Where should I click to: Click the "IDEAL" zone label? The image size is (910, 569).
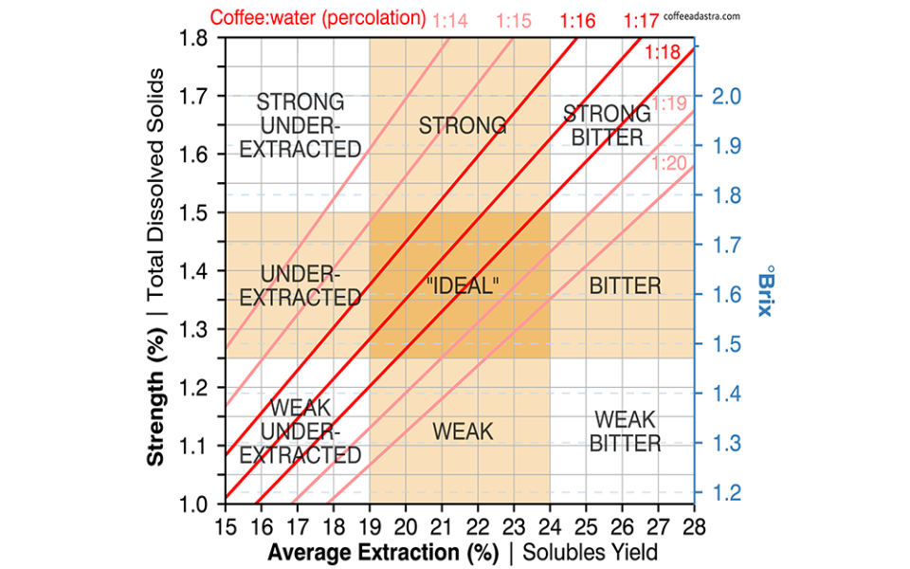pyautogui.click(x=463, y=285)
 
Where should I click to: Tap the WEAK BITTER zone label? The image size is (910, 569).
pyautogui.click(x=625, y=431)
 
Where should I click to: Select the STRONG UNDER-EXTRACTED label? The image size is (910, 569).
pyautogui.click(x=300, y=125)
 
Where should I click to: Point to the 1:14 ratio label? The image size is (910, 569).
pyautogui.click(x=450, y=21)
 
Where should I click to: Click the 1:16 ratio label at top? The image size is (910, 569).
pyautogui.click(x=577, y=21)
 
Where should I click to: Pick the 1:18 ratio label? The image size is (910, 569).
pyautogui.click(x=663, y=52)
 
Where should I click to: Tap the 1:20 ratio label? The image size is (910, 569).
pyautogui.click(x=669, y=163)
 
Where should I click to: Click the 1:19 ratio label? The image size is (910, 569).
pyautogui.click(x=669, y=103)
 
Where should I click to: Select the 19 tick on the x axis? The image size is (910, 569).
pyautogui.click(x=370, y=526)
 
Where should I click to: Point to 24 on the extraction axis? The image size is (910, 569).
pyautogui.click(x=550, y=526)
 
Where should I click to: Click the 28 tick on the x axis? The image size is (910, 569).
pyautogui.click(x=694, y=526)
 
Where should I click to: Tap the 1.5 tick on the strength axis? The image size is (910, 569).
pyautogui.click(x=193, y=212)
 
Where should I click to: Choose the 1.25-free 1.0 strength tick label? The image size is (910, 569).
pyautogui.click(x=193, y=504)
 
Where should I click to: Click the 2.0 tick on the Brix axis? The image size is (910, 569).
pyautogui.click(x=727, y=96)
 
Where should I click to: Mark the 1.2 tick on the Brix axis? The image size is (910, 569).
pyautogui.click(x=727, y=492)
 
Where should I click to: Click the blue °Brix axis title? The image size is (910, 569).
pyautogui.click(x=766, y=291)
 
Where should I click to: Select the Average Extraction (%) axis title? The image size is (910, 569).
pyautogui.click(x=383, y=552)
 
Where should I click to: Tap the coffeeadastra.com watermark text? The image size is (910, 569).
pyautogui.click(x=701, y=16)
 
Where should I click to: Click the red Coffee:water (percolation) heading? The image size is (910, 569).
pyautogui.click(x=318, y=18)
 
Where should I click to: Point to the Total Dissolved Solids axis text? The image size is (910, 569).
pyautogui.click(x=155, y=185)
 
